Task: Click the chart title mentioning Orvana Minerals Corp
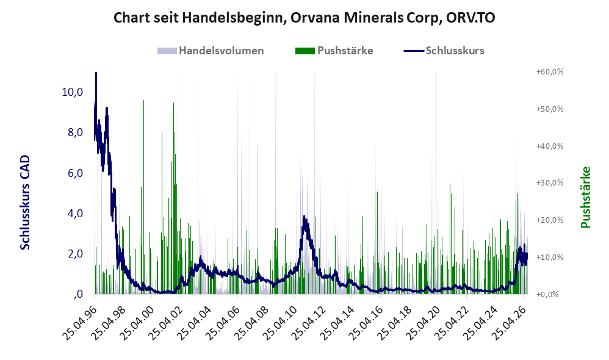click(x=304, y=18)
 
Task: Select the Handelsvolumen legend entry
click(x=211, y=51)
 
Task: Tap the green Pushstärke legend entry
click(x=334, y=51)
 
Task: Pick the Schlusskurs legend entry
click(x=444, y=51)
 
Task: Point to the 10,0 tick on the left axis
click(x=72, y=92)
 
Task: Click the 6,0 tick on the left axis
click(x=75, y=173)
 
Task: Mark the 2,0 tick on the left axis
click(x=75, y=254)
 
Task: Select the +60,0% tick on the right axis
click(x=550, y=72)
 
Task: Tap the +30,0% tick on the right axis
click(x=550, y=183)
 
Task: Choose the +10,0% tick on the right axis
click(x=550, y=257)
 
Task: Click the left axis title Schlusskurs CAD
click(x=25, y=203)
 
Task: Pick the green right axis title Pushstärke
click(x=585, y=197)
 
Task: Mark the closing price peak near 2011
click(x=304, y=217)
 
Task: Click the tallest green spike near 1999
click(x=143, y=100)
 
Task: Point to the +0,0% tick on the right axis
click(x=547, y=294)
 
